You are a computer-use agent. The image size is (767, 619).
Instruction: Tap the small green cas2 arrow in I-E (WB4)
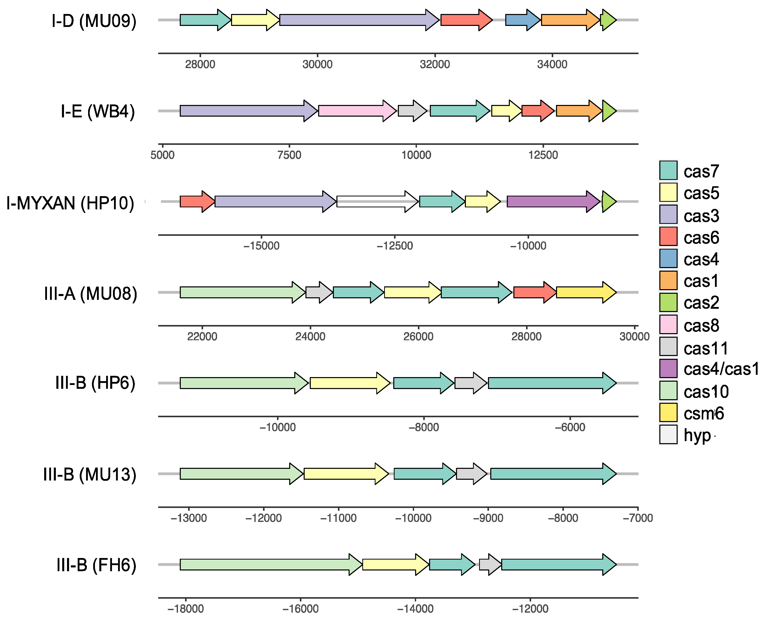[x=609, y=111]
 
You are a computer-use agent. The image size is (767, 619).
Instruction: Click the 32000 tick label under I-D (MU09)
[x=435, y=65]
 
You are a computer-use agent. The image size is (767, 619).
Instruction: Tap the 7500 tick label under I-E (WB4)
[x=289, y=155]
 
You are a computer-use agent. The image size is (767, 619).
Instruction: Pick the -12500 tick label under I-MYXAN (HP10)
[x=395, y=246]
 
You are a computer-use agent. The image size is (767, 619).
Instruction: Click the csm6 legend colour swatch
[x=668, y=413]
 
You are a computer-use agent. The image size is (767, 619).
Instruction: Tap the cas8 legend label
[x=701, y=326]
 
